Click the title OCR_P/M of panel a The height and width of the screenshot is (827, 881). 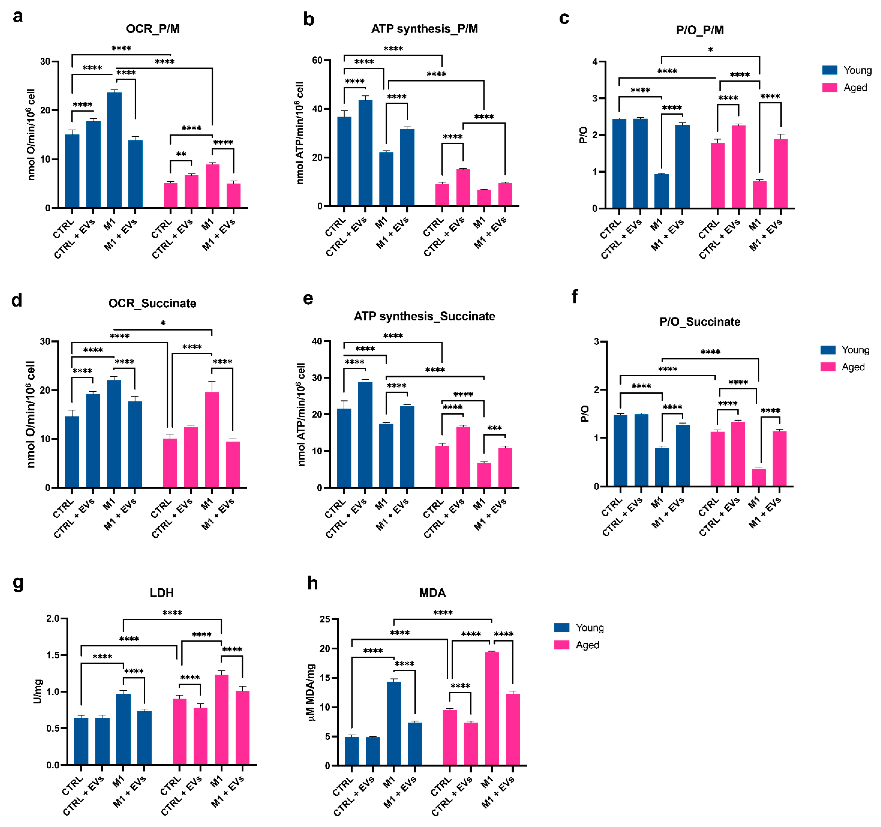point(153,29)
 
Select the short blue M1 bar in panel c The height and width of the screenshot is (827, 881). point(661,191)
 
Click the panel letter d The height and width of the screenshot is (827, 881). point(17,301)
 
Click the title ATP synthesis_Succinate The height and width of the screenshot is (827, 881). point(424,316)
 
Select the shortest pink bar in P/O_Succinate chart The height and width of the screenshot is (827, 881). point(759,477)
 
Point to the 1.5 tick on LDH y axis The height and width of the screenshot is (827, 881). point(53,655)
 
